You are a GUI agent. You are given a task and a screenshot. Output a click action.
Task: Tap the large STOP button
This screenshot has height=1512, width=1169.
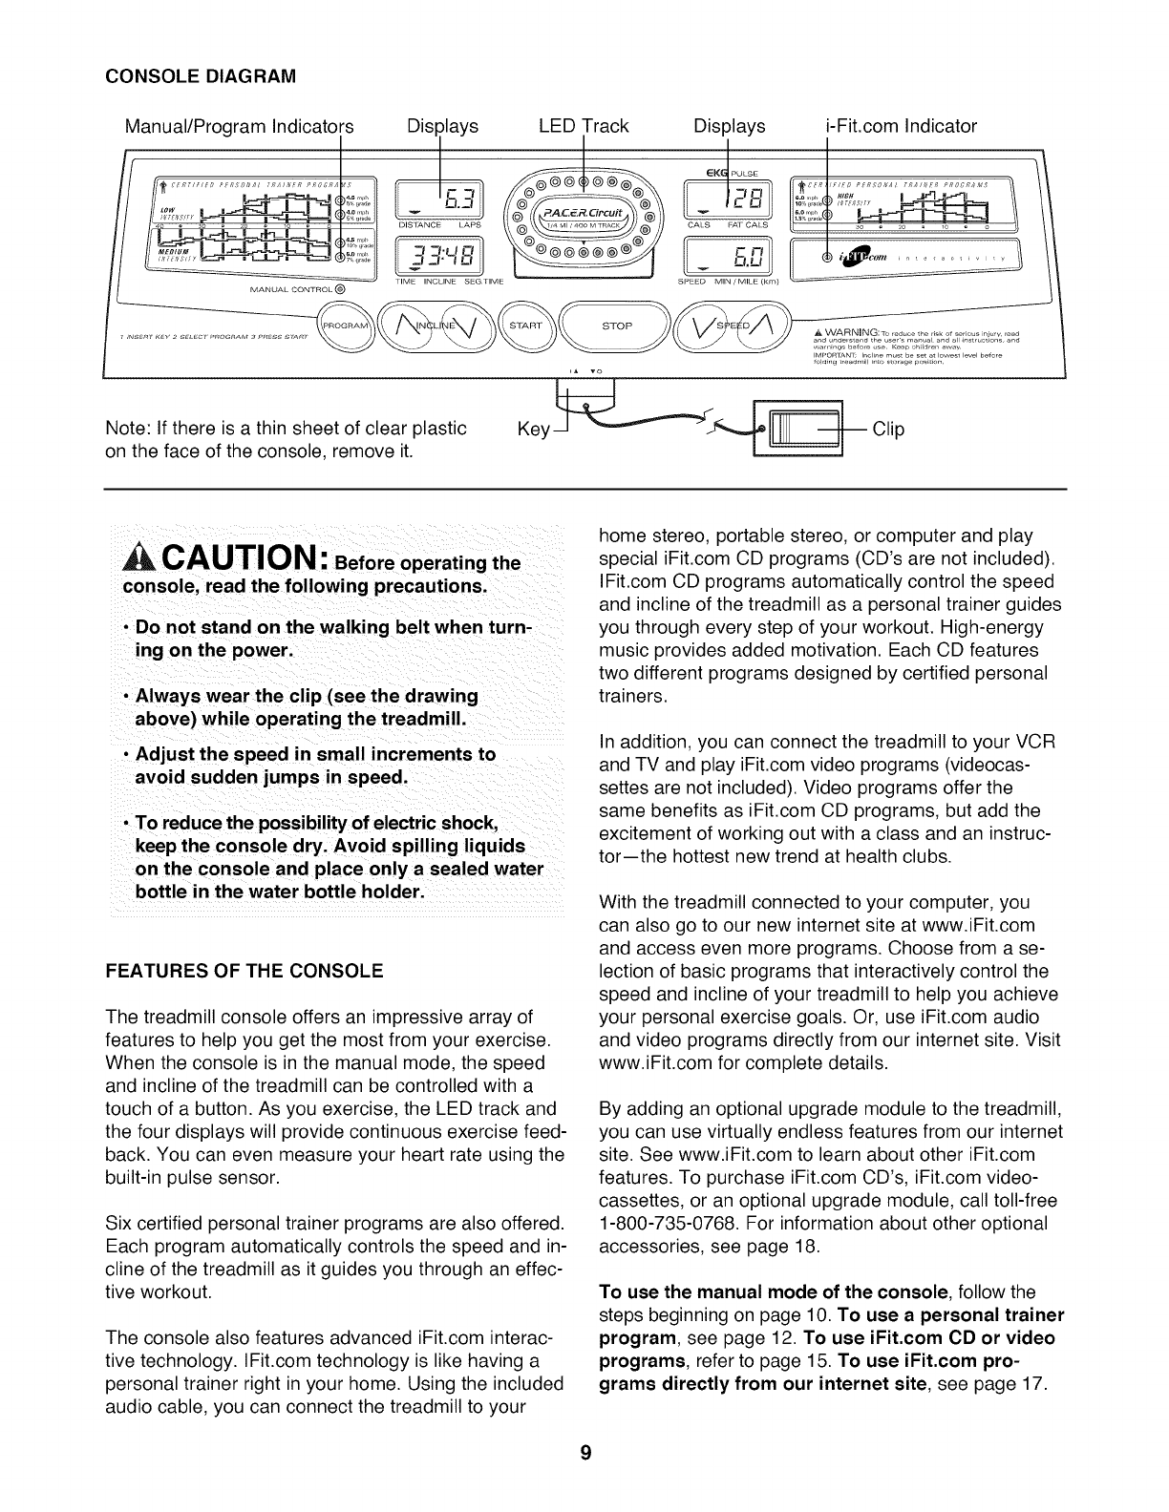(x=617, y=325)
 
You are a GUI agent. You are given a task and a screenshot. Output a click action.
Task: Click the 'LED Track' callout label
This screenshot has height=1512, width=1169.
(x=584, y=126)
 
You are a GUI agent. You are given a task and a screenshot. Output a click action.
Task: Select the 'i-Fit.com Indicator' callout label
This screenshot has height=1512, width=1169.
(x=901, y=126)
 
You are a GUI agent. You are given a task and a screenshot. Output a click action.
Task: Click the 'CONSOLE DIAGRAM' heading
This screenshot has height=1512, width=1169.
(x=187, y=73)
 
